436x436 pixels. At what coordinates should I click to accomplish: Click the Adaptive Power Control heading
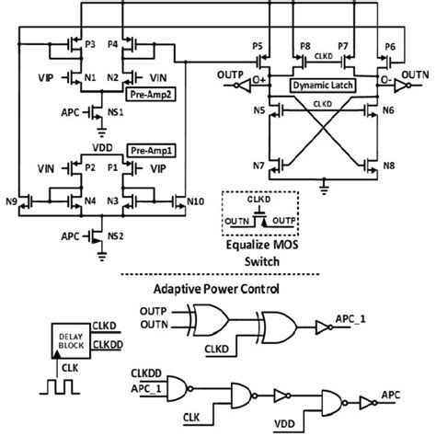[x=217, y=289]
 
